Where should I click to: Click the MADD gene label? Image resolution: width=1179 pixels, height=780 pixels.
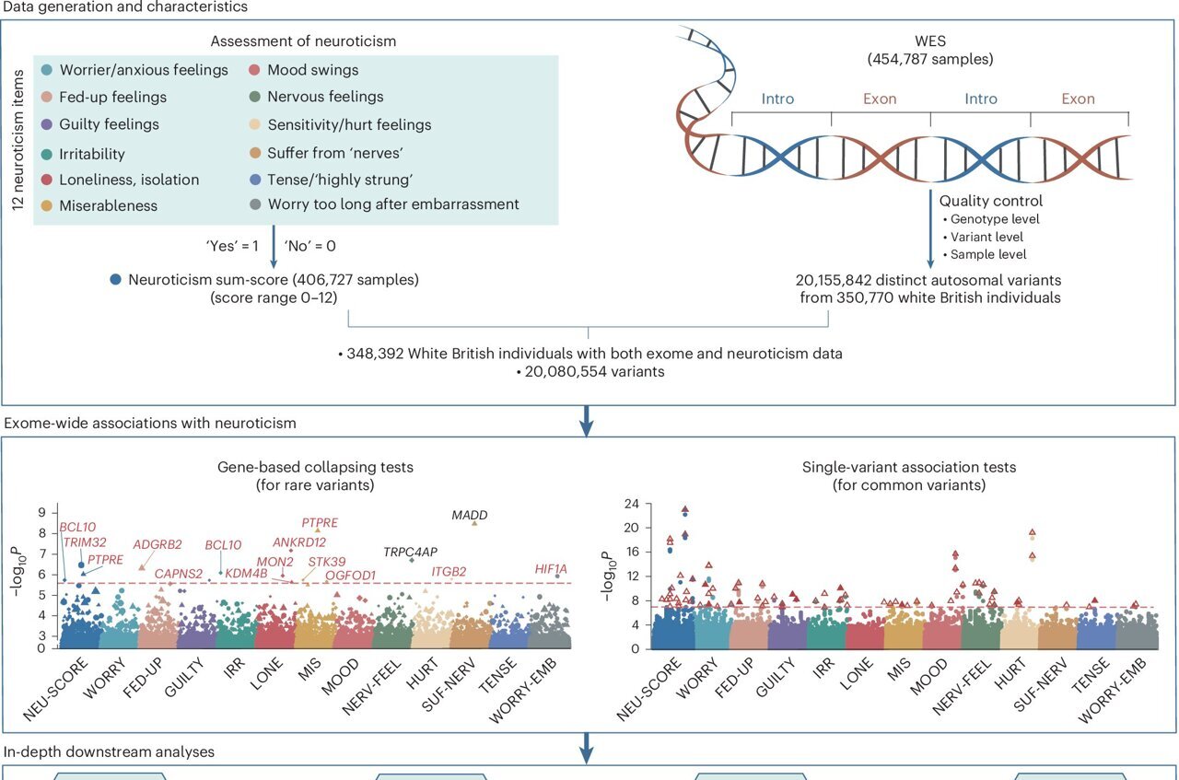click(x=470, y=516)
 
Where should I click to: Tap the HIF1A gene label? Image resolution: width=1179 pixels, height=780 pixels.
click(x=552, y=569)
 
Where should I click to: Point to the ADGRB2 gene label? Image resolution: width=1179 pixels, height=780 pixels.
click(x=158, y=544)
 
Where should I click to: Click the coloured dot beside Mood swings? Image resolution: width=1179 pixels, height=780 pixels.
click(x=254, y=70)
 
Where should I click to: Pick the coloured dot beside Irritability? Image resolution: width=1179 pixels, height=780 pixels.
click(x=47, y=154)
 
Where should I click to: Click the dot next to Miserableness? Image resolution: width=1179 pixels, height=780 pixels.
click(x=47, y=205)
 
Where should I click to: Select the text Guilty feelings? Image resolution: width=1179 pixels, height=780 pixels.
click(x=110, y=124)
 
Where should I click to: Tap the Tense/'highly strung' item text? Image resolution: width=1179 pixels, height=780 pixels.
click(x=325, y=179)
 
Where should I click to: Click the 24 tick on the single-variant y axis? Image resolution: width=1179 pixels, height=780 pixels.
click(x=633, y=504)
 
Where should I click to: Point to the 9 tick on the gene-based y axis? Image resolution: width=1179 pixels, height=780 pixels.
click(x=41, y=512)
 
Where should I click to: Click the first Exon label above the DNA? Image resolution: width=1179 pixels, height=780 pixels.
click(x=880, y=99)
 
